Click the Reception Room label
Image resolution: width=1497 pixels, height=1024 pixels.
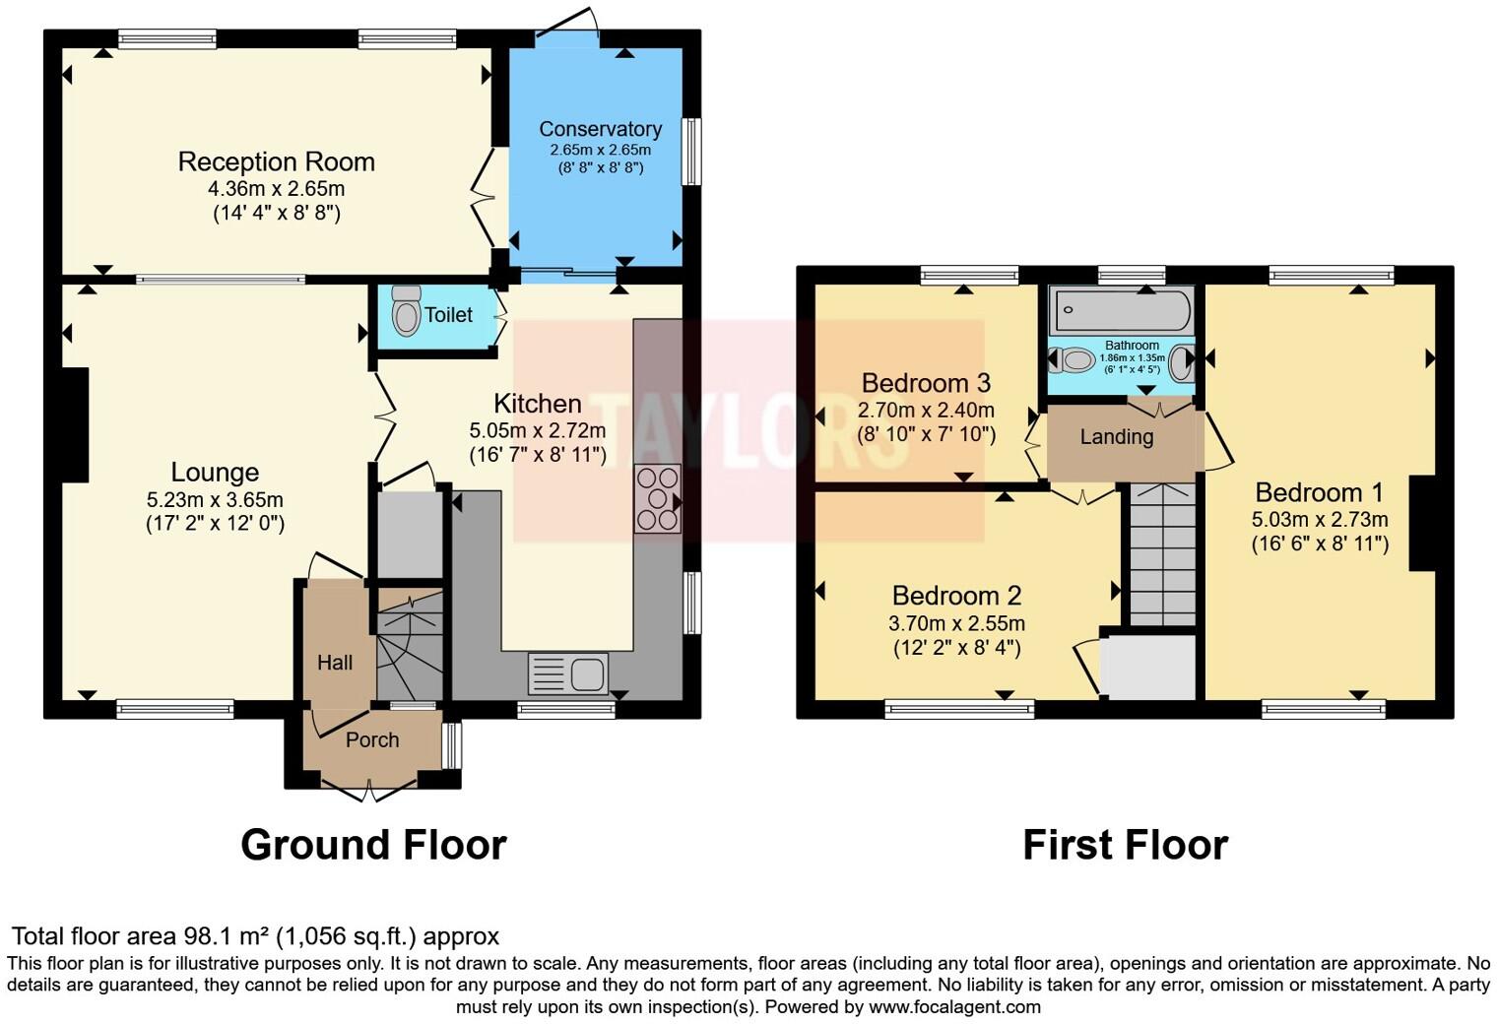(x=276, y=161)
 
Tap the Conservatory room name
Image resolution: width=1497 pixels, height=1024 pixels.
(x=600, y=129)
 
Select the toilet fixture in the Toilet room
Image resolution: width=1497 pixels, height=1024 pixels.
(x=405, y=312)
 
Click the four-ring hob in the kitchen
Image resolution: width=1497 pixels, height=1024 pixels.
(x=658, y=498)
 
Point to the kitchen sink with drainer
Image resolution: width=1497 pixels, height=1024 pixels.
(x=568, y=674)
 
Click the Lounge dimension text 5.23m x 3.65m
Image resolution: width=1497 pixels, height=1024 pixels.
(x=215, y=500)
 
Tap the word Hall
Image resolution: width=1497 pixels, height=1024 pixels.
(x=335, y=663)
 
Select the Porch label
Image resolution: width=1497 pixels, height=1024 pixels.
(x=372, y=739)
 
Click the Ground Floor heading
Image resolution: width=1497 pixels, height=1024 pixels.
(x=373, y=845)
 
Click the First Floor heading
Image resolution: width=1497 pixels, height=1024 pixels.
(x=1125, y=845)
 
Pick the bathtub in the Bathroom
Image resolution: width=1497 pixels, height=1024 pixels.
(x=1122, y=311)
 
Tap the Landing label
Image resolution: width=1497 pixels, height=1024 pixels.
(x=1116, y=436)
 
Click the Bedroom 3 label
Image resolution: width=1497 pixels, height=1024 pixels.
(x=926, y=383)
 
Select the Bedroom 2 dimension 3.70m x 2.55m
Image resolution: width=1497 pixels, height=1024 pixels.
(x=956, y=623)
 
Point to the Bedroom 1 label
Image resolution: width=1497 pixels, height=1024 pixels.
(x=1320, y=492)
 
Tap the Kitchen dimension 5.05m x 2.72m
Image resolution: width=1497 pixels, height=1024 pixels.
(x=537, y=430)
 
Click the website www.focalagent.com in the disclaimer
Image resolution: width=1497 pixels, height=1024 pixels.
(x=954, y=1006)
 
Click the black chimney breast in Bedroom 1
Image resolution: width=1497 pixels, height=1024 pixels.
(x=1422, y=523)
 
